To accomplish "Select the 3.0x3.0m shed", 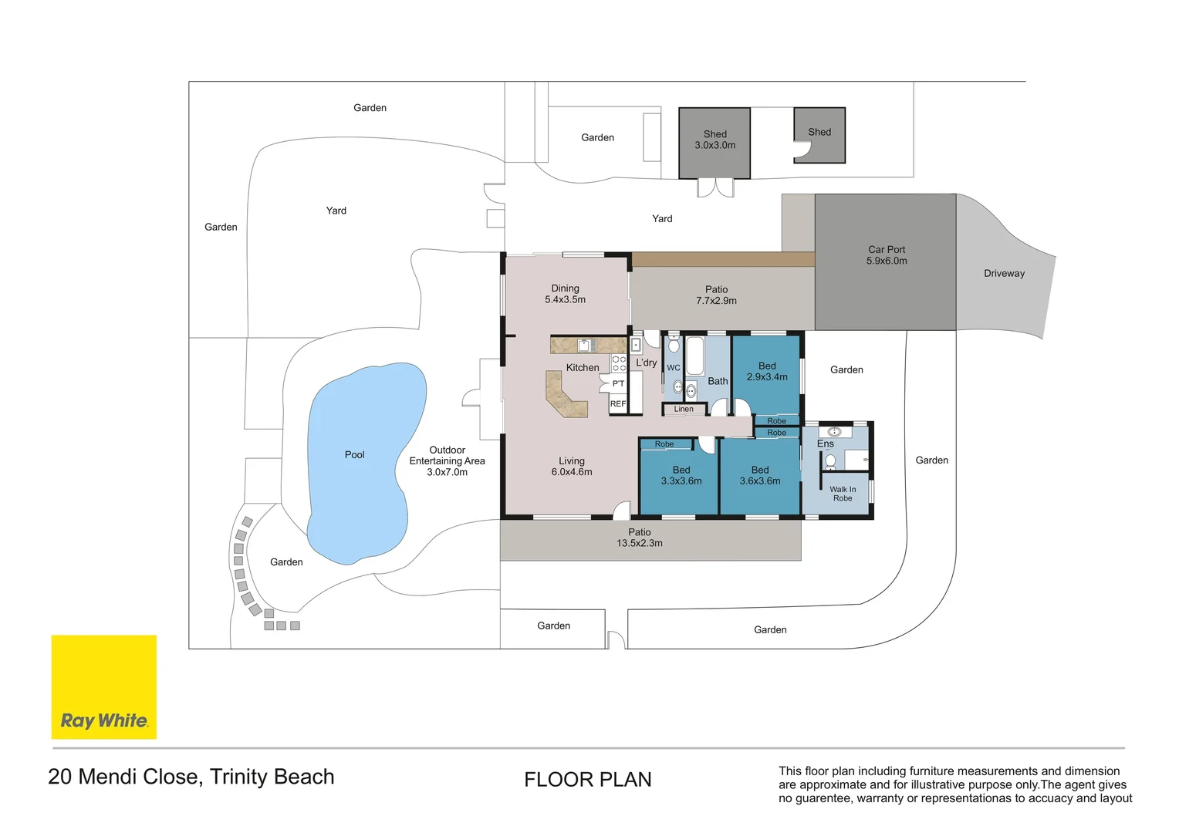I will tap(714, 143).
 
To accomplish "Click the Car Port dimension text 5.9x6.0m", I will tap(887, 261).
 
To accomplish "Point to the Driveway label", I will tap(1004, 273).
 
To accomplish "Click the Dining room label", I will tap(565, 288).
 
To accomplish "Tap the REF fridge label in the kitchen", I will tap(618, 403).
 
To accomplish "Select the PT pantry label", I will tap(618, 383).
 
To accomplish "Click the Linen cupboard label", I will tap(684, 409).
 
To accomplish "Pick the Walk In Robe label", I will tap(843, 494).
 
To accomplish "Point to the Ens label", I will tap(825, 443).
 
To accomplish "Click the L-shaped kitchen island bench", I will tap(563, 397).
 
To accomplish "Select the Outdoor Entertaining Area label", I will tap(447, 460).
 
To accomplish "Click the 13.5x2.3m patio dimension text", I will tap(639, 543).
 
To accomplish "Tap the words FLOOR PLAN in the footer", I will tap(587, 780).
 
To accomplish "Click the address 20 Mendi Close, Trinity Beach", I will tap(191, 777).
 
